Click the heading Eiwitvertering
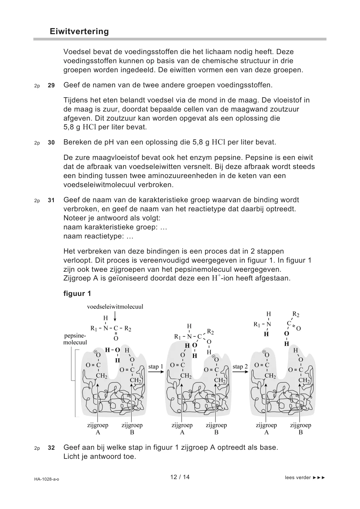click(x=79, y=31)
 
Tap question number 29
click(x=51, y=86)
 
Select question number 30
click(x=51, y=143)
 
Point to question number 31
click(x=51, y=200)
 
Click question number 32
click(x=51, y=448)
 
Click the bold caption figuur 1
click(x=77, y=293)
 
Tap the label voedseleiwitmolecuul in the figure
click(x=115, y=307)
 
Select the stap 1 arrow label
click(x=156, y=367)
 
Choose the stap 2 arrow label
click(x=240, y=367)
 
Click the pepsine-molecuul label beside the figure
click(x=75, y=339)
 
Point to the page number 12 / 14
click(x=180, y=477)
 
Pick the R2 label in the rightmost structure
click(x=296, y=315)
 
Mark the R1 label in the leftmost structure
click(x=94, y=328)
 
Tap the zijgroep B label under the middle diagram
click(x=216, y=429)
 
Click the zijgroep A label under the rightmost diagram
click(x=266, y=429)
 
